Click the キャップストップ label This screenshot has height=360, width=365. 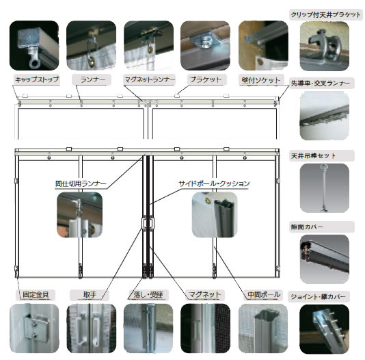tap(37, 79)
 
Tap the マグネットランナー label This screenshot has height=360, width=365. tap(150, 79)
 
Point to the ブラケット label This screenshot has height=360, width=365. tap(205, 79)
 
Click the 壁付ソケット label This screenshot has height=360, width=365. tap(261, 80)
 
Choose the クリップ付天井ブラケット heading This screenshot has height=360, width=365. tap(325, 14)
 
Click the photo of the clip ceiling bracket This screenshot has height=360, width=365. tap(325, 46)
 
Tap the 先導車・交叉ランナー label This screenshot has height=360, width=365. tap(321, 83)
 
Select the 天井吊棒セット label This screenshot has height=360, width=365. tap(313, 155)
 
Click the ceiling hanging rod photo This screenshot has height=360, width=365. tap(325, 188)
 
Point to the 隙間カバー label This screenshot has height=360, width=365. tap(307, 227)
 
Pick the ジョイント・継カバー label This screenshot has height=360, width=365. tap(319, 296)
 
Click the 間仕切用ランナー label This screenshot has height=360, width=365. tap(81, 183)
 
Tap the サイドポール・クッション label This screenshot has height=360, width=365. tap(214, 183)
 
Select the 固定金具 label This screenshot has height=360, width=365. tap(36, 294)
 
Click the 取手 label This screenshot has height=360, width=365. tap(90, 294)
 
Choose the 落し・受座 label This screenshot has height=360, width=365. tap(148, 294)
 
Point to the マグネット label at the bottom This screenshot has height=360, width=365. tap(204, 294)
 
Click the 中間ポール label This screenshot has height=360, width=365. tap(264, 294)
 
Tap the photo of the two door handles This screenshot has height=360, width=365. tap(92, 328)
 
